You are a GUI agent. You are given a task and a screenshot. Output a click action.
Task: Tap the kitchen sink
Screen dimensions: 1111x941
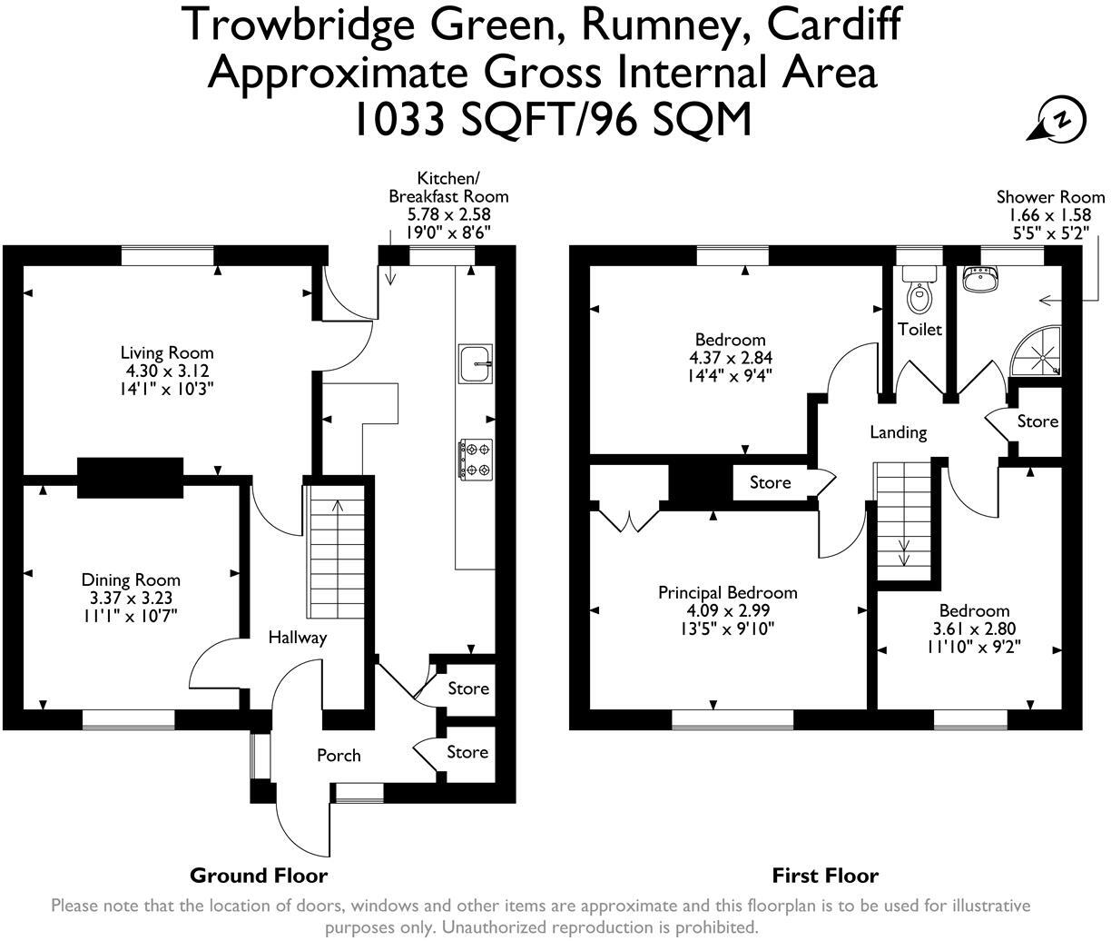tap(476, 363)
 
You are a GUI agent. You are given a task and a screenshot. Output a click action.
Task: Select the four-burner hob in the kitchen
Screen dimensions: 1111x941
tap(477, 458)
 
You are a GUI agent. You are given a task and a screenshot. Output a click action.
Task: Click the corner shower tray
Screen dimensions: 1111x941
tap(1039, 353)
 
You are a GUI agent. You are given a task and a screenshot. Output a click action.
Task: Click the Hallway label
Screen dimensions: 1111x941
tap(297, 638)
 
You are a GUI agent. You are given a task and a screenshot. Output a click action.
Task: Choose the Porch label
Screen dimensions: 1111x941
tap(339, 755)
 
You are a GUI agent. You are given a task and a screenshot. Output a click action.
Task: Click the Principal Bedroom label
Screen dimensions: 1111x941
tap(728, 592)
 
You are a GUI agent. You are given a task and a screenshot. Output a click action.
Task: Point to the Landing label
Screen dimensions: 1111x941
tap(898, 432)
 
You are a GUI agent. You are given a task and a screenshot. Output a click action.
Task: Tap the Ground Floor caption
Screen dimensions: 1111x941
tap(258, 876)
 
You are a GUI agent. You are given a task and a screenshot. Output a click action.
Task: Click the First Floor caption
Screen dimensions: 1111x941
tap(825, 876)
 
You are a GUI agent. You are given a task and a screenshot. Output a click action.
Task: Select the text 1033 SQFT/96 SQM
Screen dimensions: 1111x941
tap(554, 118)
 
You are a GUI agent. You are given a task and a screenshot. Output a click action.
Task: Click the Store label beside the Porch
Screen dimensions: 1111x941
tap(467, 752)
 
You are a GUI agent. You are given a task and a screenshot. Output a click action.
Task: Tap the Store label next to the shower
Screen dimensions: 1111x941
tap(1037, 421)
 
